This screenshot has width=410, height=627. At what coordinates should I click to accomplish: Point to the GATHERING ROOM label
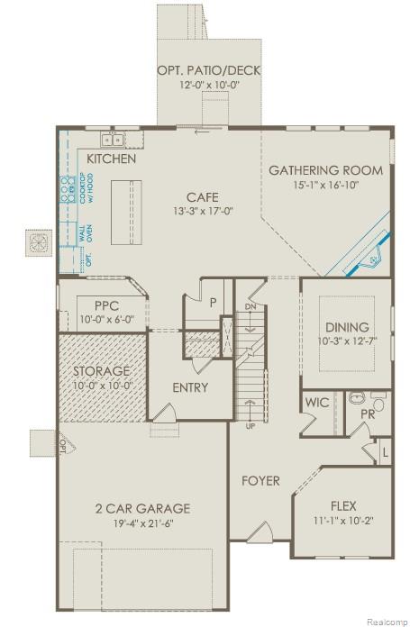point(325,170)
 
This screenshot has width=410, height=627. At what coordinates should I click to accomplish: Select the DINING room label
point(347,327)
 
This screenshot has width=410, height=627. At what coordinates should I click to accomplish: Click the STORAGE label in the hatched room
point(102,370)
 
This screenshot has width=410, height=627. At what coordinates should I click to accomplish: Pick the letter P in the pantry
point(214,303)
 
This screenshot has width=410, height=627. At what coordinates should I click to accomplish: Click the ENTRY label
point(190,388)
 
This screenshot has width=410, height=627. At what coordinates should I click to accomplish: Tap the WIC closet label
point(316,403)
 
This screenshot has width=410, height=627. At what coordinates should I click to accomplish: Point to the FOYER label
point(260,480)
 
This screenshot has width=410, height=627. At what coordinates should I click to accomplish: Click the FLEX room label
point(343,505)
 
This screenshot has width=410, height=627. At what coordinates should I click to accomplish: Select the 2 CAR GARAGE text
point(142,508)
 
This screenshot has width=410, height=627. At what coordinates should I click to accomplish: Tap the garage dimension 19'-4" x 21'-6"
point(142,522)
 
